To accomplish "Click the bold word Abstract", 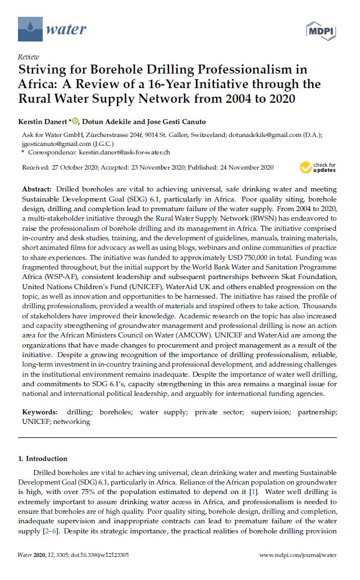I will pos(38,190).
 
